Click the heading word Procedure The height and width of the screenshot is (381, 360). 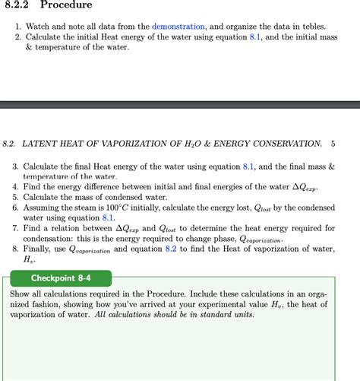pos(66,5)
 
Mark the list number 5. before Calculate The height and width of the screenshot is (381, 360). pos(14,197)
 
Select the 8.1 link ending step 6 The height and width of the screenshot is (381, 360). pos(107,217)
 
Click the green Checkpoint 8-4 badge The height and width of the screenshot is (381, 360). pos(61,278)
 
